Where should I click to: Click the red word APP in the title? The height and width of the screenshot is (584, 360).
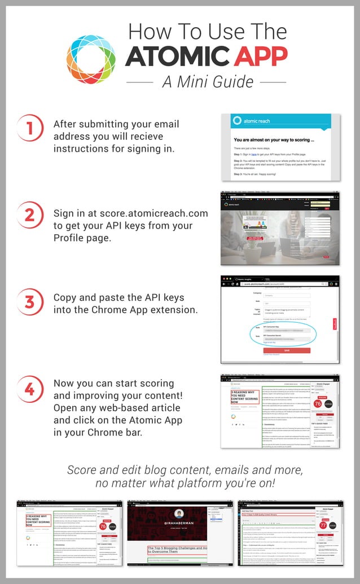[254, 56]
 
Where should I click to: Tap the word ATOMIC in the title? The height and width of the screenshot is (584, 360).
[170, 56]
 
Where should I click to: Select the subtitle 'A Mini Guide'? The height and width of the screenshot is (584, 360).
[208, 82]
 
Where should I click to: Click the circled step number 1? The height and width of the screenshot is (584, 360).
[30, 128]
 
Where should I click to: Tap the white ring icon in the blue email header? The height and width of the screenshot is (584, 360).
[238, 121]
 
